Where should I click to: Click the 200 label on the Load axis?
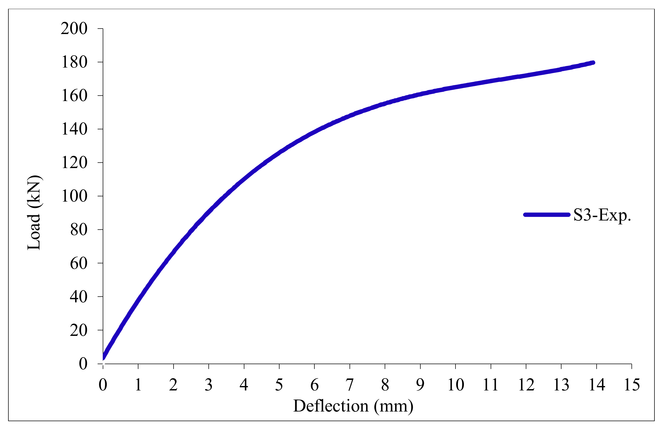pos(74,29)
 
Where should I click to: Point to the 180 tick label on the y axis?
pos(74,62)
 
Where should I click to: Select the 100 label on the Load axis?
pos(74,196)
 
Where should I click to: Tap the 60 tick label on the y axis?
pos(78,263)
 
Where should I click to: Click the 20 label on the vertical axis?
pos(78,330)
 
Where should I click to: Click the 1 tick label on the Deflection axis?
pos(138,385)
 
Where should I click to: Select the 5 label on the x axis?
pos(279,385)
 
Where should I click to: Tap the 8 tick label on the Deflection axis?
pos(385,385)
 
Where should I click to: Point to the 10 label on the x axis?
pos(455,385)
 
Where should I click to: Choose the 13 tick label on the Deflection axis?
pos(561,385)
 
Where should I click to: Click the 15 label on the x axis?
pos(632,385)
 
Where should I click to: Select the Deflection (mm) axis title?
pos(353,406)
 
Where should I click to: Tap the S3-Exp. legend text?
pos(602,215)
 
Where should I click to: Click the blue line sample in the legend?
pos(547,215)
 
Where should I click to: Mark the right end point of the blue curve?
pos(594,62)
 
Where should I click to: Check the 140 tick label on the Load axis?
pos(74,129)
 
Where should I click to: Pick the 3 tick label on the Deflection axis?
pos(208,385)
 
